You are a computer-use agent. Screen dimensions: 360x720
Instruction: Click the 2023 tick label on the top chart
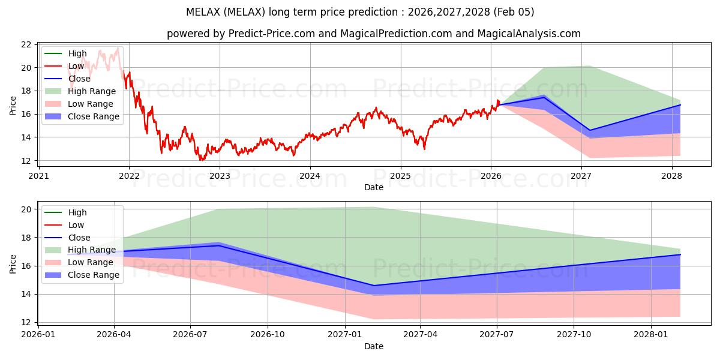click(219, 176)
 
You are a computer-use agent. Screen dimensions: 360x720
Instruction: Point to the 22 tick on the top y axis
click(26, 44)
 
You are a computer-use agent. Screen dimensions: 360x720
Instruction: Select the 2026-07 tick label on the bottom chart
click(190, 334)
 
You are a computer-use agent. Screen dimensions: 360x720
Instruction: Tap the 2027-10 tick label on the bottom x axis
click(574, 334)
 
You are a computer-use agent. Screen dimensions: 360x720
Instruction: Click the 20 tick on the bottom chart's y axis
click(26, 209)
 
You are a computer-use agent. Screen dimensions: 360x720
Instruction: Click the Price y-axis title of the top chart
click(13, 106)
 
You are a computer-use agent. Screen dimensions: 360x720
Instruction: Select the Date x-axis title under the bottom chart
click(373, 346)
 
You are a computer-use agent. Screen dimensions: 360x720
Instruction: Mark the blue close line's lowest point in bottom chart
click(374, 286)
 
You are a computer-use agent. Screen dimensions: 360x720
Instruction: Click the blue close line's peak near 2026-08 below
click(218, 245)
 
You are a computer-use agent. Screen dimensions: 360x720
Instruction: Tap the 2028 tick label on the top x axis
click(671, 176)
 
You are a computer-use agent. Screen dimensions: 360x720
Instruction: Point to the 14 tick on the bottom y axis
click(26, 294)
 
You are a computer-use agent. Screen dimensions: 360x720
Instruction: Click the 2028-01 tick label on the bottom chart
click(650, 334)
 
